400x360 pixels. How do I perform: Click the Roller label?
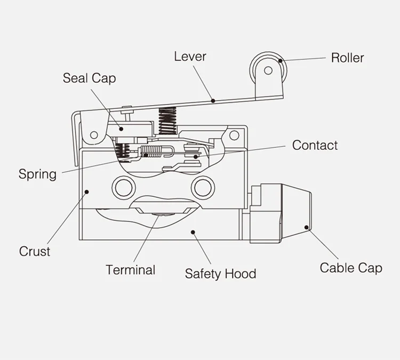coord(347,58)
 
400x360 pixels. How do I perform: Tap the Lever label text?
coord(190,56)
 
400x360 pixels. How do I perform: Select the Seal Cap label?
coord(89,78)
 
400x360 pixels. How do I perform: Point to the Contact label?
coord(315,145)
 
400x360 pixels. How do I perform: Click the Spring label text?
coord(37,174)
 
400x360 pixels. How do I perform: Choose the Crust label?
coord(35,251)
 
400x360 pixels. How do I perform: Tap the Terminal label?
coord(130,270)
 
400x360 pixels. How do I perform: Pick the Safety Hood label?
coord(220,274)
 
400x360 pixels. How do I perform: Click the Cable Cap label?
coord(351,268)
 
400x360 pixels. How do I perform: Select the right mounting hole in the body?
coord(203,187)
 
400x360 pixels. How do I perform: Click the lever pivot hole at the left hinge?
coord(94,134)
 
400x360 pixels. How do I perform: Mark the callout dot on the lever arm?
coord(213,99)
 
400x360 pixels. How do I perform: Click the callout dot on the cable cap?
coord(307,228)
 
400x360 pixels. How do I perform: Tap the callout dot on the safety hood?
coord(193,232)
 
